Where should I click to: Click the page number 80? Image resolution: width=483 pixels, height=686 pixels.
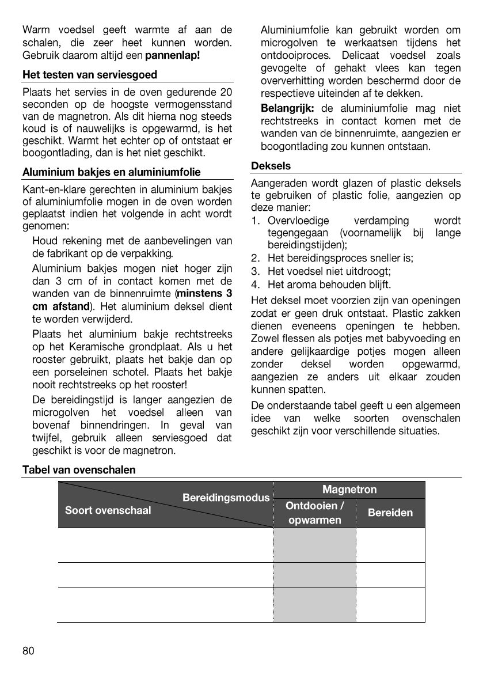[28, 651]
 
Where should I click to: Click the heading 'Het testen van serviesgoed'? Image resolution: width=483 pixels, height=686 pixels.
[89, 75]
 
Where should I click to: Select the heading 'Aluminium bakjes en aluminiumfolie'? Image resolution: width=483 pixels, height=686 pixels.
[111, 172]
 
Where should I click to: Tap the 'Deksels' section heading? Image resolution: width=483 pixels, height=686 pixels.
[271, 166]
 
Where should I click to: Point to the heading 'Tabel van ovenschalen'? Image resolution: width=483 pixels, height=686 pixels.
[79, 470]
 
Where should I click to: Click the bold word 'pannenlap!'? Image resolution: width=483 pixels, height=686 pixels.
[173, 56]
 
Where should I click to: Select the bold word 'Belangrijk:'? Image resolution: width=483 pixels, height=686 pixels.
[287, 108]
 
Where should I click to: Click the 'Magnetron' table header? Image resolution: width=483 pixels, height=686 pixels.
[349, 490]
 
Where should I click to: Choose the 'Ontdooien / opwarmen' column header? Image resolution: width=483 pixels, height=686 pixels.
[315, 513]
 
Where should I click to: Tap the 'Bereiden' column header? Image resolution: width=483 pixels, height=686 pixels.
[390, 513]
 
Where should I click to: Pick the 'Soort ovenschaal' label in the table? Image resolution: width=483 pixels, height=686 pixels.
[108, 510]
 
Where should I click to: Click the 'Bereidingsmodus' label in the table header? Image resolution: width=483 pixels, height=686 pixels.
[226, 497]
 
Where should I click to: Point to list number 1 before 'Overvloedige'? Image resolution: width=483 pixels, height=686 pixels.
[255, 221]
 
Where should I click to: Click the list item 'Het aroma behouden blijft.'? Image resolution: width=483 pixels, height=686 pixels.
[329, 284]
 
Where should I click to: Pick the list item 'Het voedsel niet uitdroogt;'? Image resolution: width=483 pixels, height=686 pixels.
[329, 271]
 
